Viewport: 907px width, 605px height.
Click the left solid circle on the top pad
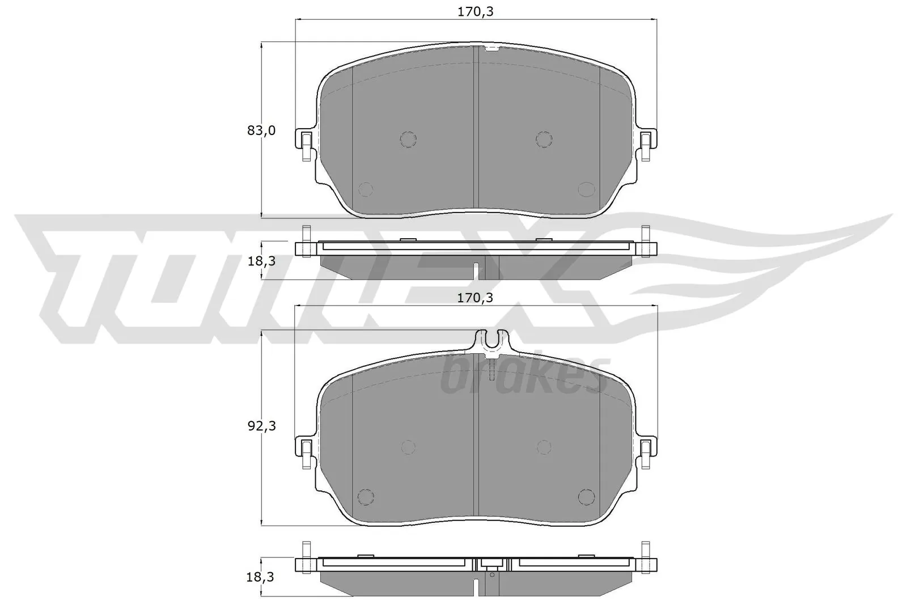click(408, 139)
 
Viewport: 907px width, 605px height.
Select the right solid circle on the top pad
click(544, 139)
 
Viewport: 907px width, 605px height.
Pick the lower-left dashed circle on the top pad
click(366, 189)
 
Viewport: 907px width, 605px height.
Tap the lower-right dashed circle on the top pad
click(585, 189)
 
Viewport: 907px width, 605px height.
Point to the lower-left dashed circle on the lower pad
click(366, 496)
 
